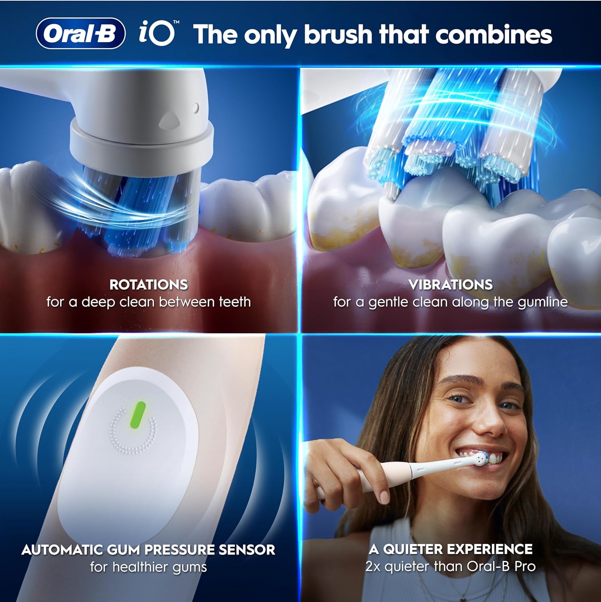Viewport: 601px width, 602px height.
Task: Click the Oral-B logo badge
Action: (81, 34)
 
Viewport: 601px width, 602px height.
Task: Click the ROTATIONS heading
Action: (148, 285)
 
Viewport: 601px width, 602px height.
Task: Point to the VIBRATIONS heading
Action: (450, 285)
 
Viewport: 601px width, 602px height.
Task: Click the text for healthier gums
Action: (148, 567)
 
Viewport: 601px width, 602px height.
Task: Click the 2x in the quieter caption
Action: (373, 566)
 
